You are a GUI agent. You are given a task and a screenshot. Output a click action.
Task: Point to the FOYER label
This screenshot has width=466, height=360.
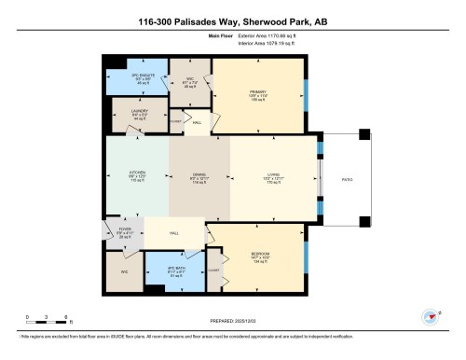[124, 228]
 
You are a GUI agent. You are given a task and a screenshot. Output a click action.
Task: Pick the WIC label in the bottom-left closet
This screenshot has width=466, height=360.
[124, 272]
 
